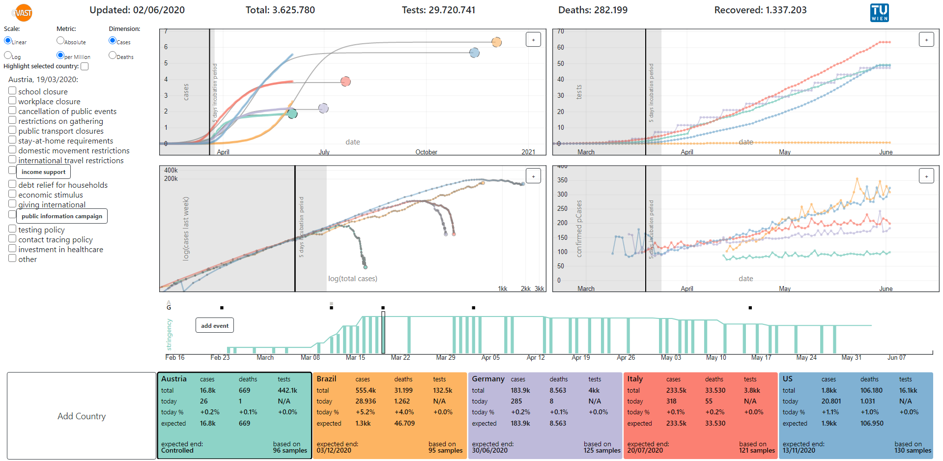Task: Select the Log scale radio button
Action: [8, 56]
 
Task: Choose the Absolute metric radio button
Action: [60, 40]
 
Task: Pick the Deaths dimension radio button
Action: [113, 55]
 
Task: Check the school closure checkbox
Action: [12, 91]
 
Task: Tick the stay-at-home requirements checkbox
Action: [12, 140]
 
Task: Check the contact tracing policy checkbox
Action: [12, 239]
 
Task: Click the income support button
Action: [43, 172]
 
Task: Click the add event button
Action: [215, 325]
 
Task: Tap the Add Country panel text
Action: [82, 416]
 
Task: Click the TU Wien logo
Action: [879, 12]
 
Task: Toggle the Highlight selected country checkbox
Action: [85, 66]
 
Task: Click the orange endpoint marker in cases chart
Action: [497, 42]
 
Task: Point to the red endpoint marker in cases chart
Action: [345, 82]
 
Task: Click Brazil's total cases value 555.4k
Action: [366, 390]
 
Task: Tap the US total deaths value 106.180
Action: [871, 390]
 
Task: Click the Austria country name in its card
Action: [174, 379]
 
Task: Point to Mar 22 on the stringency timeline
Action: [400, 357]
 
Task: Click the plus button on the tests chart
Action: [926, 40]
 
